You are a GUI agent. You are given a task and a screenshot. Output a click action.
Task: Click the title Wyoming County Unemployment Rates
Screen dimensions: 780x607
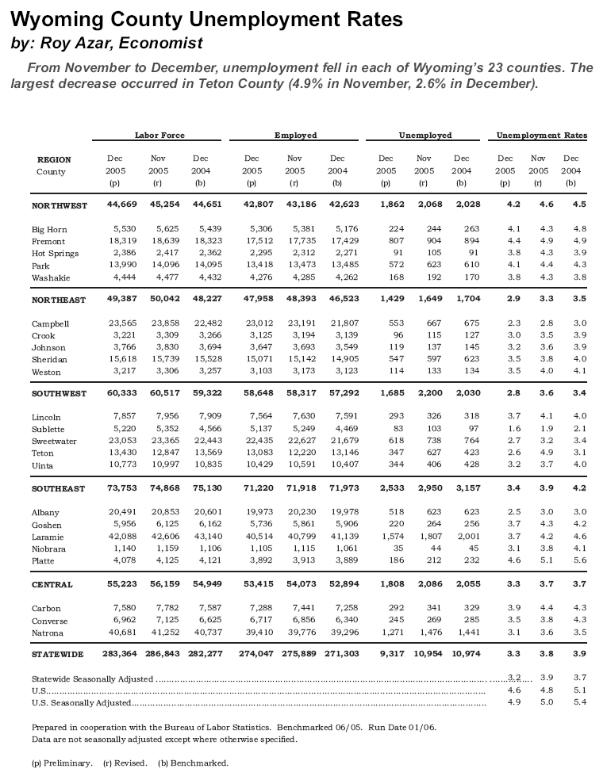[207, 19]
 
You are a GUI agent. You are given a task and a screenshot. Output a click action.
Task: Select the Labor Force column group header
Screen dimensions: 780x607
[159, 136]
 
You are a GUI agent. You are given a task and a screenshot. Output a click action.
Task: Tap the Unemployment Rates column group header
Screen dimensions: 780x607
[542, 136]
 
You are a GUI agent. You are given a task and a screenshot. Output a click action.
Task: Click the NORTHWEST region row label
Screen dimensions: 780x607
[60, 205]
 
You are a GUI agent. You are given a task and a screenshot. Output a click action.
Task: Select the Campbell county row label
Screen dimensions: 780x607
[51, 323]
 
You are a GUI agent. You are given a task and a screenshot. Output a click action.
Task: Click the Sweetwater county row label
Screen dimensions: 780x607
[55, 441]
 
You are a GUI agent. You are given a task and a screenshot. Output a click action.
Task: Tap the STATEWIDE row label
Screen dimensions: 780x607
[58, 655]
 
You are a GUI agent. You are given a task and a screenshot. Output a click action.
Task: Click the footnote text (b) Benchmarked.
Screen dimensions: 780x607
[193, 763]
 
